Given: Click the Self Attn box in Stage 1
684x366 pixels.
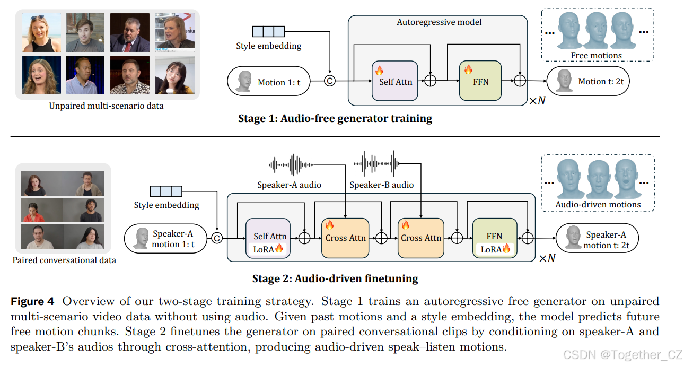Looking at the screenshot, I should [x=395, y=81].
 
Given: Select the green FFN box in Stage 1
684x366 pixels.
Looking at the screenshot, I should [x=480, y=81].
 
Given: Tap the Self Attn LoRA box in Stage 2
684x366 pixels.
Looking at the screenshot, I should [x=268, y=238].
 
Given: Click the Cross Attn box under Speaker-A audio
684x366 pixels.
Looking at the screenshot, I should [x=346, y=238].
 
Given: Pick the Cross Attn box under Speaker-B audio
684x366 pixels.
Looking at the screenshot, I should [x=421, y=238].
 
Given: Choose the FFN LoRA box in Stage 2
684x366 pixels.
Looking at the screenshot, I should [x=494, y=238].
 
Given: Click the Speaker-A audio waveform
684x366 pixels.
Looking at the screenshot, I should [x=292, y=165].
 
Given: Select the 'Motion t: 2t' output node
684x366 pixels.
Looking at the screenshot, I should [x=588, y=81].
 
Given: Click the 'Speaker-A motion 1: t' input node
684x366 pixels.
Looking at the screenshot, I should [x=165, y=239].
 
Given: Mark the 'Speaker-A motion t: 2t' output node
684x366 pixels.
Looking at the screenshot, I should [x=597, y=239].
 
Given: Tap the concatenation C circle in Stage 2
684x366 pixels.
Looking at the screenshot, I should [x=217, y=239].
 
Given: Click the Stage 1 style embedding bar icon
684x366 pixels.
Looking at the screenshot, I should [x=268, y=31].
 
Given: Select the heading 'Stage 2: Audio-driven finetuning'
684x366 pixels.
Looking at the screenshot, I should [x=335, y=278].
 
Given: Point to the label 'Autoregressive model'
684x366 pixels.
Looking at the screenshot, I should [x=439, y=22].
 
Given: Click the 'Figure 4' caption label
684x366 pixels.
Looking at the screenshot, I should [x=33, y=302].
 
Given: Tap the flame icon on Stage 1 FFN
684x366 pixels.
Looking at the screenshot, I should [x=468, y=69].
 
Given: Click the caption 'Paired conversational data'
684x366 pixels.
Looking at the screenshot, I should [x=64, y=260].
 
